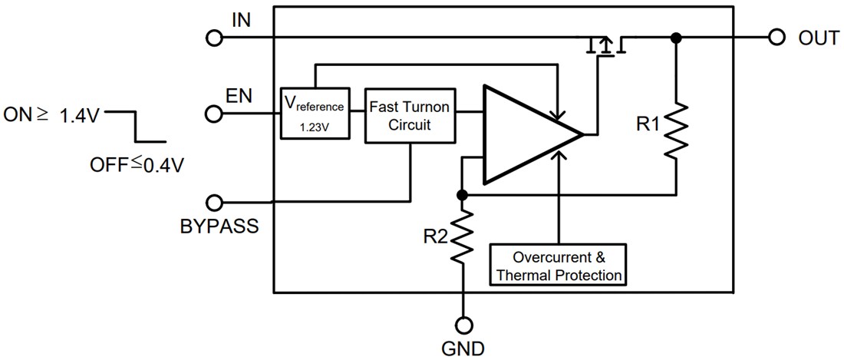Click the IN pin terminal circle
215,38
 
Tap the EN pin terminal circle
215,114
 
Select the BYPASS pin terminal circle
215,203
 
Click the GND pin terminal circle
463,323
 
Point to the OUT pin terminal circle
776,38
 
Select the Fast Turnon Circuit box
409,114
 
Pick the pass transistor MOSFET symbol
605,46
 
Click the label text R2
434,237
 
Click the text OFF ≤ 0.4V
137,164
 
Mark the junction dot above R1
675,38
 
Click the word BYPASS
219,227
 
